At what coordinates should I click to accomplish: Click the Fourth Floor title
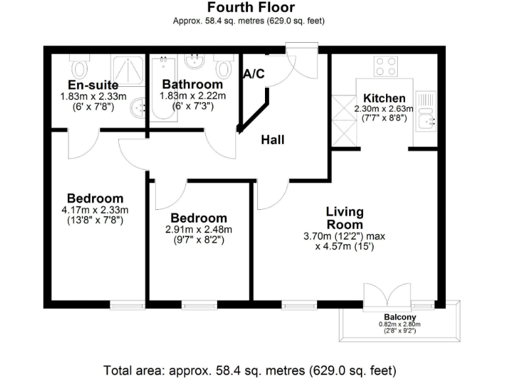(251, 8)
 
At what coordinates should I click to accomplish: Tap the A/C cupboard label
(254, 74)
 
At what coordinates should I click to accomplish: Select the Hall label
(273, 139)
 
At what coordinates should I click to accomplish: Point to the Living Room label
(345, 218)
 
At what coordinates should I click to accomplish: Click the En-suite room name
(93, 85)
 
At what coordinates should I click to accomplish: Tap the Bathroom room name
(193, 84)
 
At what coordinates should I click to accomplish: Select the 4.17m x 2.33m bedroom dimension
(95, 211)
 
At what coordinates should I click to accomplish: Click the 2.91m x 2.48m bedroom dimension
(199, 230)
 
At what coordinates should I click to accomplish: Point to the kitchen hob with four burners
(385, 66)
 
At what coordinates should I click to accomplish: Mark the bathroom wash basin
(195, 63)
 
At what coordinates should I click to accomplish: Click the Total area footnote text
(251, 369)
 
